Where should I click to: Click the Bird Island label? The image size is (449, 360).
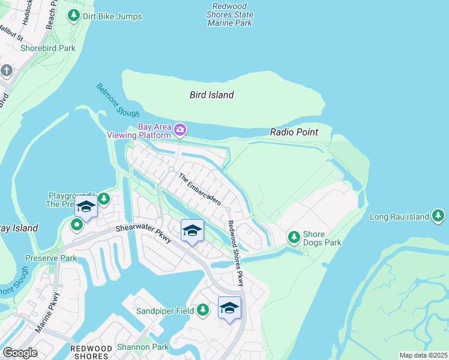[211, 95]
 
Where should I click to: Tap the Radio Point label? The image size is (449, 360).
[294, 132]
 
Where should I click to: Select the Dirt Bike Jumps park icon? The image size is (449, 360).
[74, 16]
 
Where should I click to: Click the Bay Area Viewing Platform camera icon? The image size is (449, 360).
[179, 130]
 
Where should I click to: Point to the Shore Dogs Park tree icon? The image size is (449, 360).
[294, 238]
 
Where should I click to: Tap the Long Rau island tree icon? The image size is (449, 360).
[438, 216]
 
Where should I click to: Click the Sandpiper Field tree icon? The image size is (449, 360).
[203, 310]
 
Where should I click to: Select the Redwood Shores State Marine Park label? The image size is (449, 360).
[230, 14]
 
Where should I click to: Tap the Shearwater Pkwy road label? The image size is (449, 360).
[144, 232]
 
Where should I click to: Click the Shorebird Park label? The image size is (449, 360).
[48, 48]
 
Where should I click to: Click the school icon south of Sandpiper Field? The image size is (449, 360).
[229, 308]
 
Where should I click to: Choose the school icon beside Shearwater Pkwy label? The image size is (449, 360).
[192, 230]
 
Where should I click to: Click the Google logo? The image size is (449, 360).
[20, 353]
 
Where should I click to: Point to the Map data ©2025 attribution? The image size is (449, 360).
[423, 355]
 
